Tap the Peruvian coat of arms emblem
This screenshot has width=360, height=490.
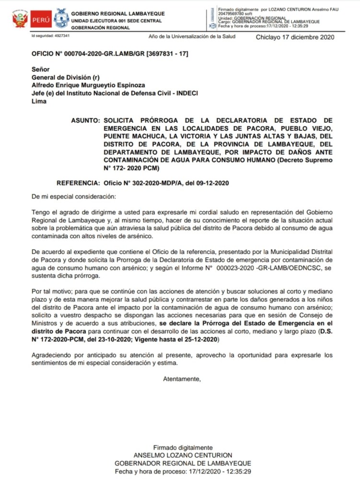(x=20, y=20)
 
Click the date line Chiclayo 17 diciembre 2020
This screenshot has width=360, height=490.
(x=295, y=37)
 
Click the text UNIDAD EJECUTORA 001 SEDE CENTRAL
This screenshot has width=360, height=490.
(x=116, y=21)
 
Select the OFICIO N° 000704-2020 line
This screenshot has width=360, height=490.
(x=110, y=54)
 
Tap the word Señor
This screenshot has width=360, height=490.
(x=41, y=69)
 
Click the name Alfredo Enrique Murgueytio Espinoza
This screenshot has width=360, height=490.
(x=90, y=85)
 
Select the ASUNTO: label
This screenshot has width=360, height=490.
(x=85, y=120)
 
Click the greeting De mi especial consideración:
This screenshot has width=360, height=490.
(x=73, y=197)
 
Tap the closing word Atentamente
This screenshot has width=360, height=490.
(x=182, y=379)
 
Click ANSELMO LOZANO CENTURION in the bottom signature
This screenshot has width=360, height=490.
(x=183, y=455)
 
